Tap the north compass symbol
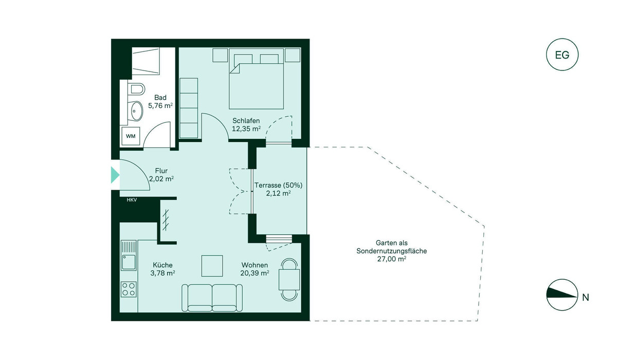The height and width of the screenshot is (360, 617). point(562,295)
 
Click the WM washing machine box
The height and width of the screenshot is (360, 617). point(131,136)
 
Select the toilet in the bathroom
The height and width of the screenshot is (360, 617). point(136,88)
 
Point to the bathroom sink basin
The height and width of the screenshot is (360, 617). point(137,111)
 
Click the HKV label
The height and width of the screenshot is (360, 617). point(132,200)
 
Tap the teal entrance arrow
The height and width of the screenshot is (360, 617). point(115,175)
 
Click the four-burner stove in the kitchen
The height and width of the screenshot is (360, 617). point(129,289)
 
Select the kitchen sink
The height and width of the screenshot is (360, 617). point(129,255)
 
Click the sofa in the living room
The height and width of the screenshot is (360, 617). point(212,298)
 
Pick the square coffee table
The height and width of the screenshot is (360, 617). point(212,266)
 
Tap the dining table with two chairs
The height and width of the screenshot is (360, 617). point(289,280)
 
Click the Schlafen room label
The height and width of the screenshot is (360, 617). point(246,121)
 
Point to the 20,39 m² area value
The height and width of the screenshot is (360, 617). point(255,273)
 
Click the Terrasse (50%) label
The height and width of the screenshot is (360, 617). point(278,185)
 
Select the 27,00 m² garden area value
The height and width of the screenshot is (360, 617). point(391,259)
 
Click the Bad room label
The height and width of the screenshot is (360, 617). point(160,98)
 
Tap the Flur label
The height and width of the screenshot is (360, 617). point(161,171)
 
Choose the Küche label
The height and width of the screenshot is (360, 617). point(162,265)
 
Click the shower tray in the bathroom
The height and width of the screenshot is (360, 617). point(146,61)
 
